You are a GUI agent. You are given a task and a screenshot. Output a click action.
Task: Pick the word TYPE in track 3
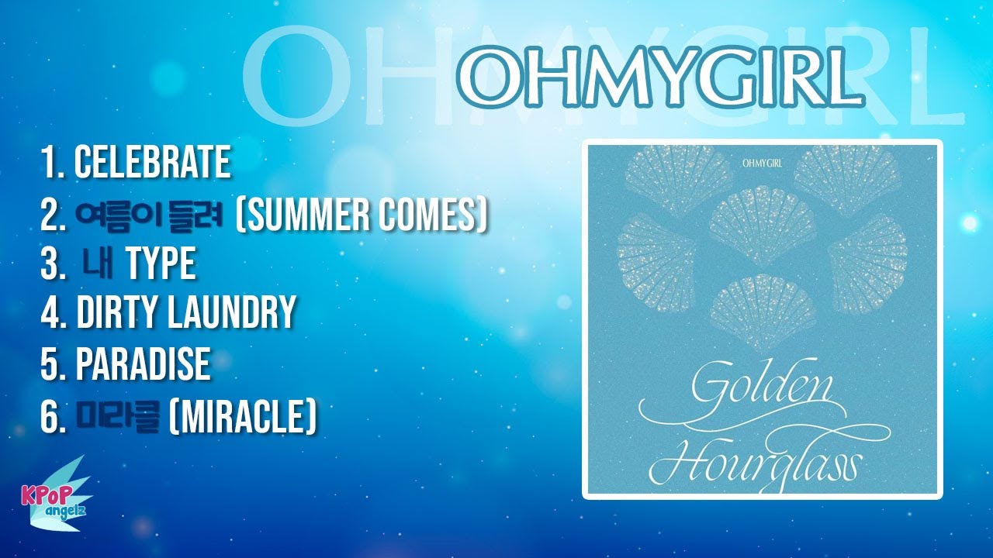click(x=161, y=264)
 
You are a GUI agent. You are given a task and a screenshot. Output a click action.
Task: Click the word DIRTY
click(x=118, y=313)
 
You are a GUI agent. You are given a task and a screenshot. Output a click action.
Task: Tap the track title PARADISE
click(x=143, y=363)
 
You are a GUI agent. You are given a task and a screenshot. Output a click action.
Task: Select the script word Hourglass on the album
click(x=756, y=463)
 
